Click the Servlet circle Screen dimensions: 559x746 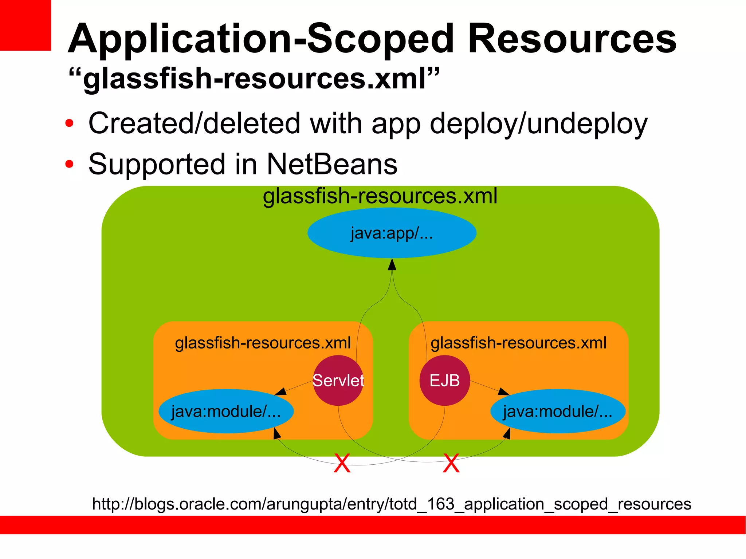click(x=338, y=381)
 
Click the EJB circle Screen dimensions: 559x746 click(x=444, y=381)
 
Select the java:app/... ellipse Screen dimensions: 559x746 click(x=392, y=233)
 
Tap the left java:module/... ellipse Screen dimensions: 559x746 click(x=226, y=412)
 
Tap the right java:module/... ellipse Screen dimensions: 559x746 click(x=558, y=412)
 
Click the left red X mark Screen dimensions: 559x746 click(x=342, y=463)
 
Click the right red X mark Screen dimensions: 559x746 click(x=451, y=463)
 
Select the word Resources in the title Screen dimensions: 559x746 click(x=572, y=39)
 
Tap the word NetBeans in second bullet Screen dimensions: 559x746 click(x=332, y=164)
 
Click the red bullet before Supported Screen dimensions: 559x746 click(x=69, y=164)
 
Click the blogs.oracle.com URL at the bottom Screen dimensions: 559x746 click(x=392, y=504)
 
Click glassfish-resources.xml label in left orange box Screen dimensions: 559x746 click(x=263, y=343)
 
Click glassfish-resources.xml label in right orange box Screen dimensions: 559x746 click(x=518, y=343)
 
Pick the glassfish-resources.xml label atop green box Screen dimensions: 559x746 click(x=380, y=196)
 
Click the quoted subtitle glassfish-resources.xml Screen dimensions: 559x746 click(x=254, y=79)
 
